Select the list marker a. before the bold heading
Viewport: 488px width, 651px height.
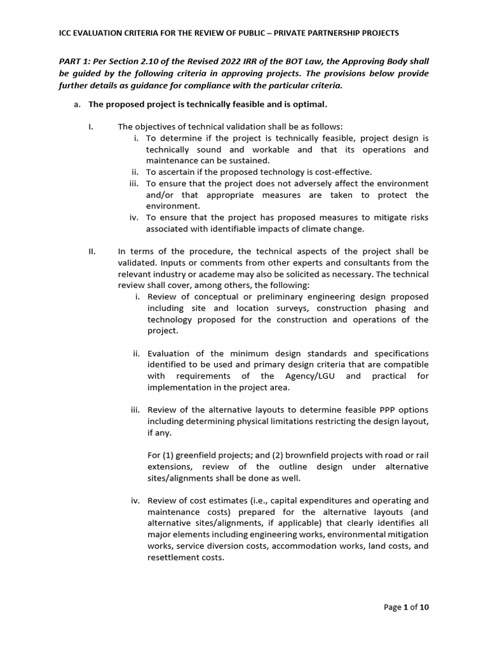[x=78, y=104]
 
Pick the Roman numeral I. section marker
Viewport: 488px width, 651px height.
[x=91, y=127]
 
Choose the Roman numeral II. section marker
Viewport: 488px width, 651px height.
[x=91, y=251]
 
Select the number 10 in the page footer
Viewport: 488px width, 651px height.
[x=424, y=607]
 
